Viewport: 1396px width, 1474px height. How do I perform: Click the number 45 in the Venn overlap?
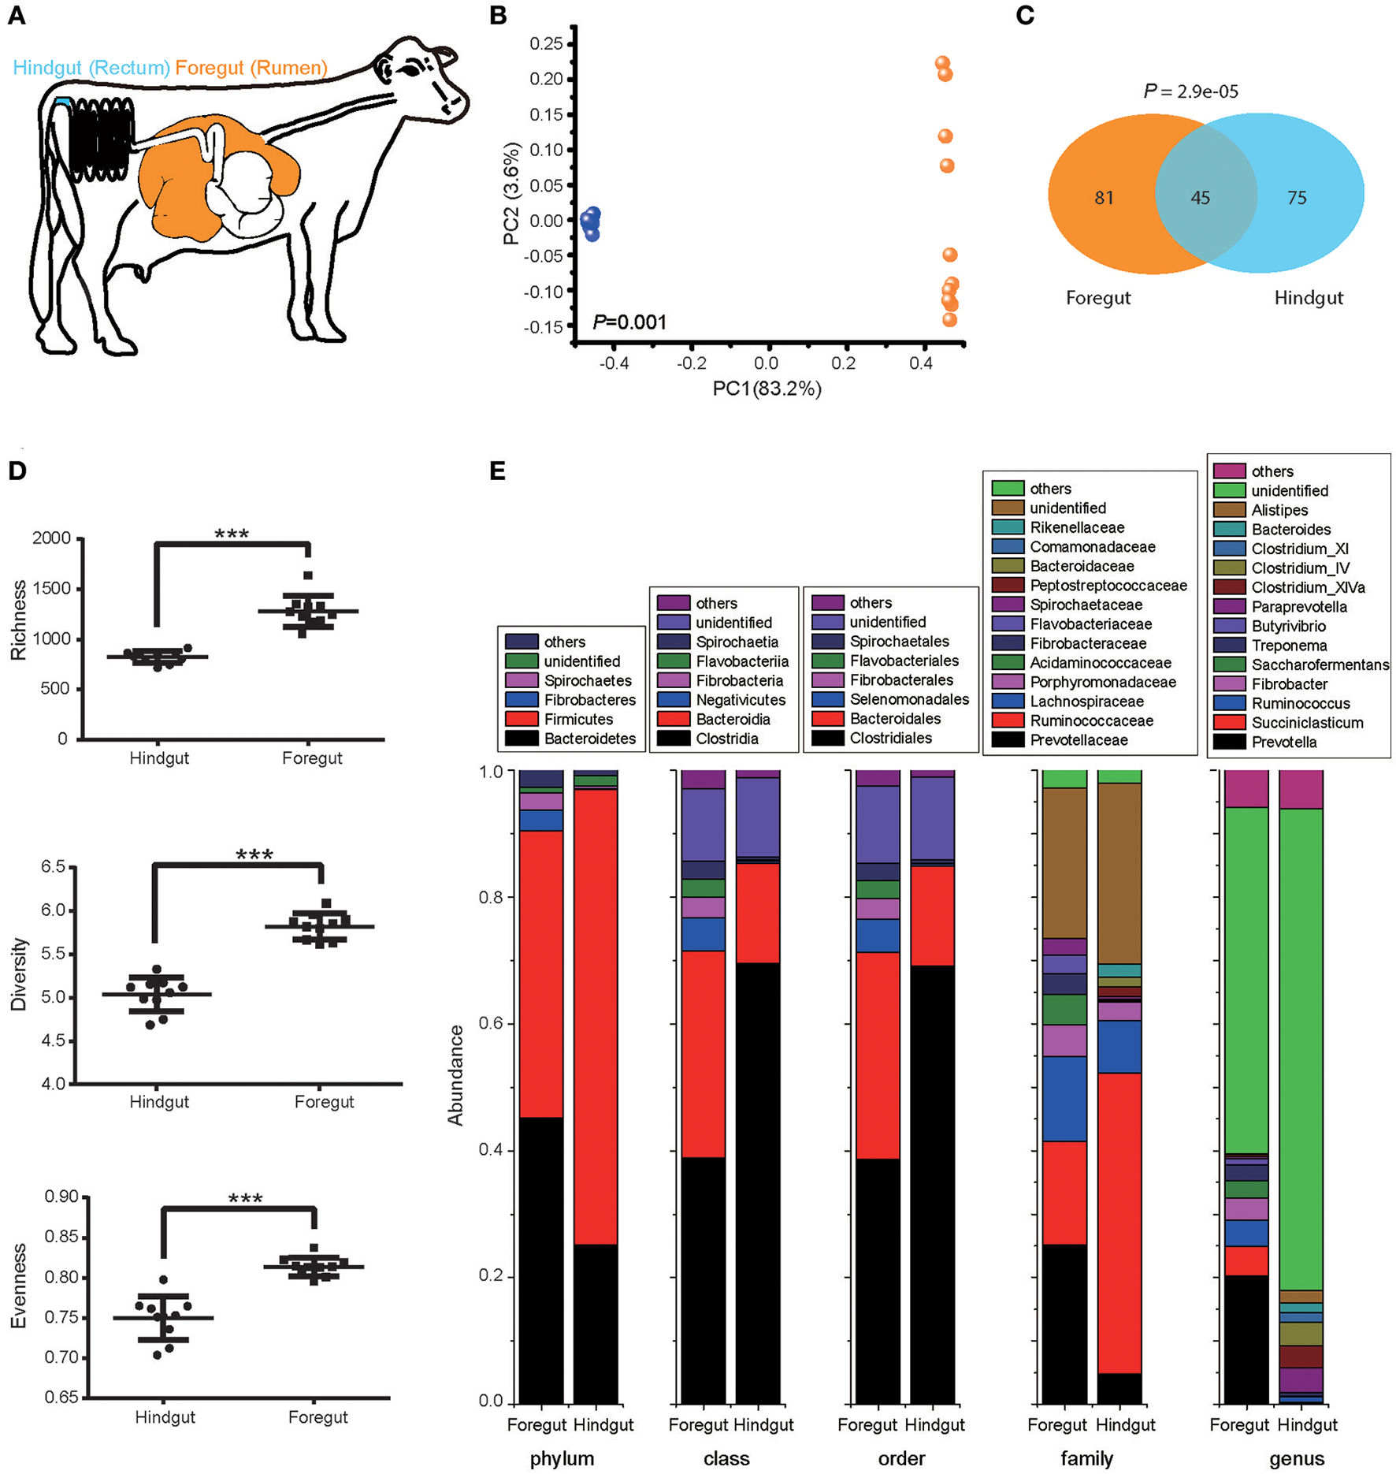click(x=1200, y=198)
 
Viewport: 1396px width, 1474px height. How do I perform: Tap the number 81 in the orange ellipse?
click(x=1104, y=198)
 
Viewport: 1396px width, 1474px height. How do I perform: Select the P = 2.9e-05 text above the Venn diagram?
click(x=1190, y=92)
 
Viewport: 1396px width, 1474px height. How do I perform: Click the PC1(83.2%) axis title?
click(x=767, y=389)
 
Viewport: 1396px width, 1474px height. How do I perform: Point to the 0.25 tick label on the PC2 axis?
click(x=546, y=43)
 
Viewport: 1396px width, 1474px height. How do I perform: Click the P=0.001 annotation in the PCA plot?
click(x=629, y=322)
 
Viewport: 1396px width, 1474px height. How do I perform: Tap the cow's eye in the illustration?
click(x=411, y=70)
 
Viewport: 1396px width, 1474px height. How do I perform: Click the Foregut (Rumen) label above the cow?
click(x=251, y=68)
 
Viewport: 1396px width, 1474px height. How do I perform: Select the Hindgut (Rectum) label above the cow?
click(x=91, y=68)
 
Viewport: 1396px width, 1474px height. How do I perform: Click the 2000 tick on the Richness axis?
click(x=51, y=538)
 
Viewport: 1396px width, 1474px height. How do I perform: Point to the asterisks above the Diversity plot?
click(x=254, y=855)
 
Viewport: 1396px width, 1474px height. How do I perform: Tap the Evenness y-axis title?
click(x=19, y=1286)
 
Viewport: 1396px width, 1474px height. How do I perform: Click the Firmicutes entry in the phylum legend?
click(x=578, y=720)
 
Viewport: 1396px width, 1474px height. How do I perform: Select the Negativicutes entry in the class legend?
click(x=741, y=700)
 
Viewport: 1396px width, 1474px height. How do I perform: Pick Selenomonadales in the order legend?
click(x=909, y=699)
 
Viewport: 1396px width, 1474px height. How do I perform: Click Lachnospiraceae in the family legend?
click(x=1086, y=702)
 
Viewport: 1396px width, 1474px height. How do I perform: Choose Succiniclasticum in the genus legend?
click(x=1307, y=723)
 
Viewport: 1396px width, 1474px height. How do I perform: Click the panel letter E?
click(x=497, y=471)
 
